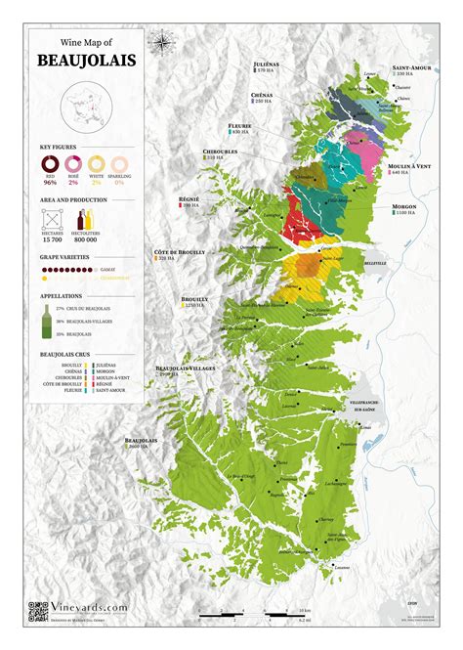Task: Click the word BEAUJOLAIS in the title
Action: coord(86,62)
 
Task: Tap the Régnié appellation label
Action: coord(188,199)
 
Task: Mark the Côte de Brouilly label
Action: coord(180,251)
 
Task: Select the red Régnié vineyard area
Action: coord(301,225)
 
